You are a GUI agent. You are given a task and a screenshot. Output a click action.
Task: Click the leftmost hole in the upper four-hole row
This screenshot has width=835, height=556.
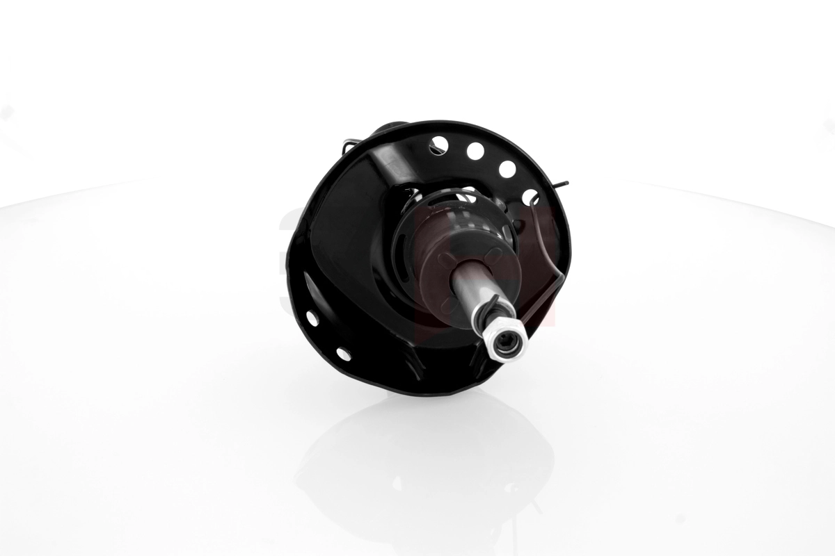[439, 145]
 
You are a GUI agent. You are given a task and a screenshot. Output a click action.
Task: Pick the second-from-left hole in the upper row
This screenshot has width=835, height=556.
[475, 151]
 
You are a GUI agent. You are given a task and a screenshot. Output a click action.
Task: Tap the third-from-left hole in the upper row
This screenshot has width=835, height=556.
[507, 169]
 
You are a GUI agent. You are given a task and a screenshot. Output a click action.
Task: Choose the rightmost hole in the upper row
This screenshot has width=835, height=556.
[530, 197]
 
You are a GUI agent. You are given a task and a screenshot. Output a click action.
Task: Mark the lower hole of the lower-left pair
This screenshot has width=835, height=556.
[344, 353]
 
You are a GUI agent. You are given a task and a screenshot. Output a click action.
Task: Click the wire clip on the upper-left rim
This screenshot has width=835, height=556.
[352, 144]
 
